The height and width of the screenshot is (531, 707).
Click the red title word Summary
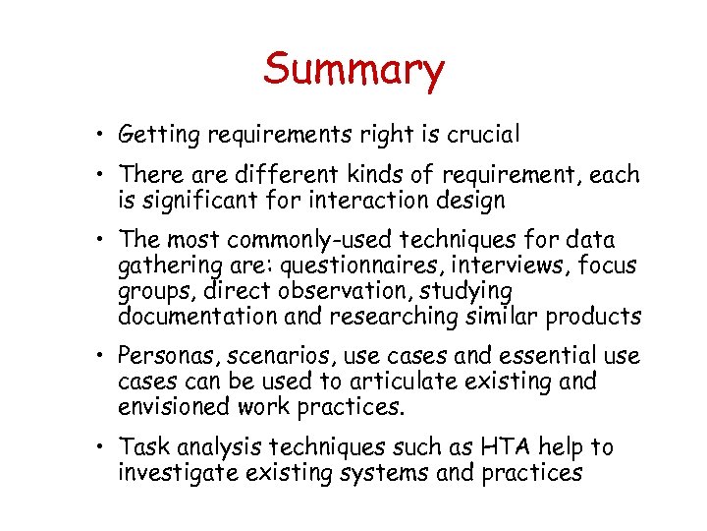point(353,71)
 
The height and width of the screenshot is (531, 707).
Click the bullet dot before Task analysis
point(101,448)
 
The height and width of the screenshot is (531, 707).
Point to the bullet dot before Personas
point(101,356)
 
